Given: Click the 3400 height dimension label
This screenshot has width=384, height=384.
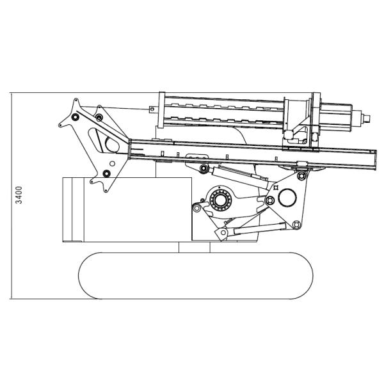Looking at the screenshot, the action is click(x=19, y=195).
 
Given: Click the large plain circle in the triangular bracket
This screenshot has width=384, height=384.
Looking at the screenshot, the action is click(x=287, y=198).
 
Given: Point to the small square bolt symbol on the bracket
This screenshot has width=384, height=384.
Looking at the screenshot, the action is click(x=276, y=188).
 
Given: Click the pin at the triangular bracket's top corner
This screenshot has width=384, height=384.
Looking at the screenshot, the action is click(x=301, y=175).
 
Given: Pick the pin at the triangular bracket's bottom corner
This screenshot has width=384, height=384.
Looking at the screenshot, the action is click(x=296, y=224).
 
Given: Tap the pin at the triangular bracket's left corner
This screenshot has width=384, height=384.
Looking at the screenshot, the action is click(x=269, y=200).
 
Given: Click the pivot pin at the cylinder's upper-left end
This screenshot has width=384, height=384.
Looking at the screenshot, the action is click(x=203, y=168).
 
